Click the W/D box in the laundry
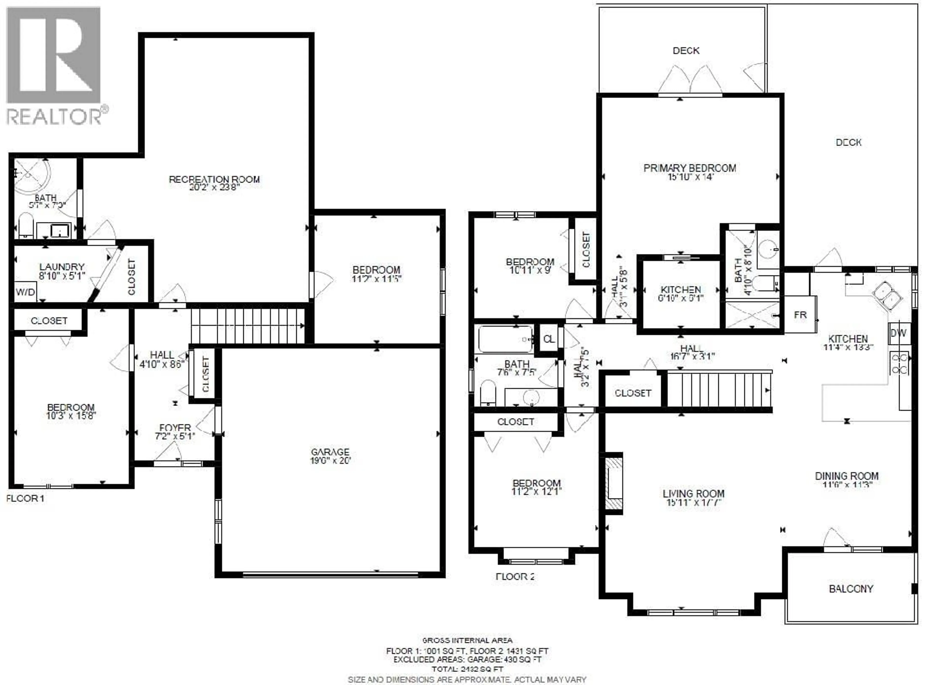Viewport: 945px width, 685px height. tap(25, 292)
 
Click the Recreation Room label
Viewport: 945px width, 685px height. tap(214, 179)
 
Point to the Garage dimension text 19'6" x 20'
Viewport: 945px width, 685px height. tap(330, 461)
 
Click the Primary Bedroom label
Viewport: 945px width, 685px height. tap(690, 168)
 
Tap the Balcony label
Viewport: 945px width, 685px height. tap(851, 589)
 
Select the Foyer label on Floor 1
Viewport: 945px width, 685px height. tap(175, 428)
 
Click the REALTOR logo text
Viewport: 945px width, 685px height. tap(54, 116)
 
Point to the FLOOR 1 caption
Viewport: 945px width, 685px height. tap(25, 498)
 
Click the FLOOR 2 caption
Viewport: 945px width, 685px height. tap(515, 577)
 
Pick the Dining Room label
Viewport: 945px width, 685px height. tap(847, 476)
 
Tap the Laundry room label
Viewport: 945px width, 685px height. tap(62, 267)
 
